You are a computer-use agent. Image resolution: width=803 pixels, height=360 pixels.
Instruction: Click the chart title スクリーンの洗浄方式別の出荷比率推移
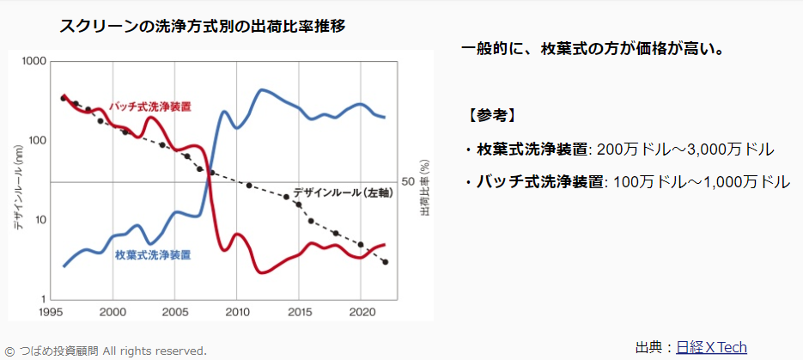pos(202,26)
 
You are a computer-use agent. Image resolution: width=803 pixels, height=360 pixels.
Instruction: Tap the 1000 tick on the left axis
pos(33,62)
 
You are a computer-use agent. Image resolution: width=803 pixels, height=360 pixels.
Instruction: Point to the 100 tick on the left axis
pos(36,141)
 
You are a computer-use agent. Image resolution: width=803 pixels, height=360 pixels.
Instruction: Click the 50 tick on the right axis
pos(409,182)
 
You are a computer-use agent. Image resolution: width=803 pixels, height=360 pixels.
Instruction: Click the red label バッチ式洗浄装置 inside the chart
pos(151,107)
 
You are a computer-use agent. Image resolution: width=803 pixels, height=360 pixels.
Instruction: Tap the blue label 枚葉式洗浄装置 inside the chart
pos(153,255)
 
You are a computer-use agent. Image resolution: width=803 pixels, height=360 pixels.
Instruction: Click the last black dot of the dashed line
pos(386,262)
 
